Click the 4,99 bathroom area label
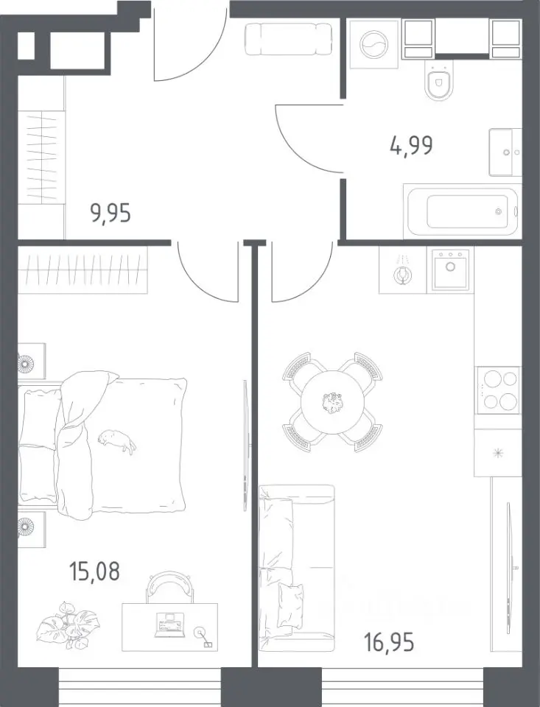(411, 146)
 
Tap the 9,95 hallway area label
(111, 213)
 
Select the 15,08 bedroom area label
(94, 571)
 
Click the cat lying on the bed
(117, 441)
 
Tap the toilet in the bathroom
(439, 81)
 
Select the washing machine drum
(374, 44)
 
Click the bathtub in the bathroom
(463, 211)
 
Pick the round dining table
(333, 402)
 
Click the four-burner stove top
(499, 390)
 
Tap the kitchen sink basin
(450, 270)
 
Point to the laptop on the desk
(169, 625)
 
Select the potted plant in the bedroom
(68, 625)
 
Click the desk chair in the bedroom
(169, 587)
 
